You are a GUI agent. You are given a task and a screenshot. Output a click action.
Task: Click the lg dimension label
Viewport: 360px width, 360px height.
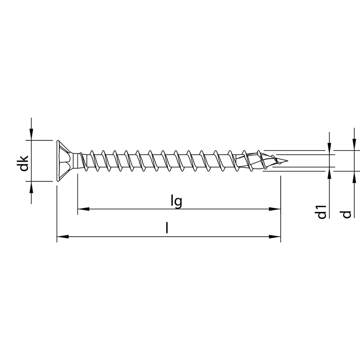point(176,201)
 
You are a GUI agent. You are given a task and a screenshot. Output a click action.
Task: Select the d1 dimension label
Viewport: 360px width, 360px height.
point(321,211)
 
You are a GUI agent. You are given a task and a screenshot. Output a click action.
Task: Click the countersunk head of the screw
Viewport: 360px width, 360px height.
point(64,161)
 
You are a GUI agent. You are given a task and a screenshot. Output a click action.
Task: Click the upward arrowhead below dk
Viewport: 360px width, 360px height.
point(31,187)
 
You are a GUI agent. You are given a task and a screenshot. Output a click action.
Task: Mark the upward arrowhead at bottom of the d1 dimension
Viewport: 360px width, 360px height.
point(330,174)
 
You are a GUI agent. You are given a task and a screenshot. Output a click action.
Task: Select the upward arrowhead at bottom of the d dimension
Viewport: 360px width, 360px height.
point(354,177)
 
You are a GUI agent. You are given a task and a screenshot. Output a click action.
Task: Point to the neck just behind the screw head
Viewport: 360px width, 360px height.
point(80,161)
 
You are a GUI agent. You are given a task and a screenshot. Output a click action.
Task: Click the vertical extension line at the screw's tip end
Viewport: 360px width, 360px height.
point(280,207)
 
